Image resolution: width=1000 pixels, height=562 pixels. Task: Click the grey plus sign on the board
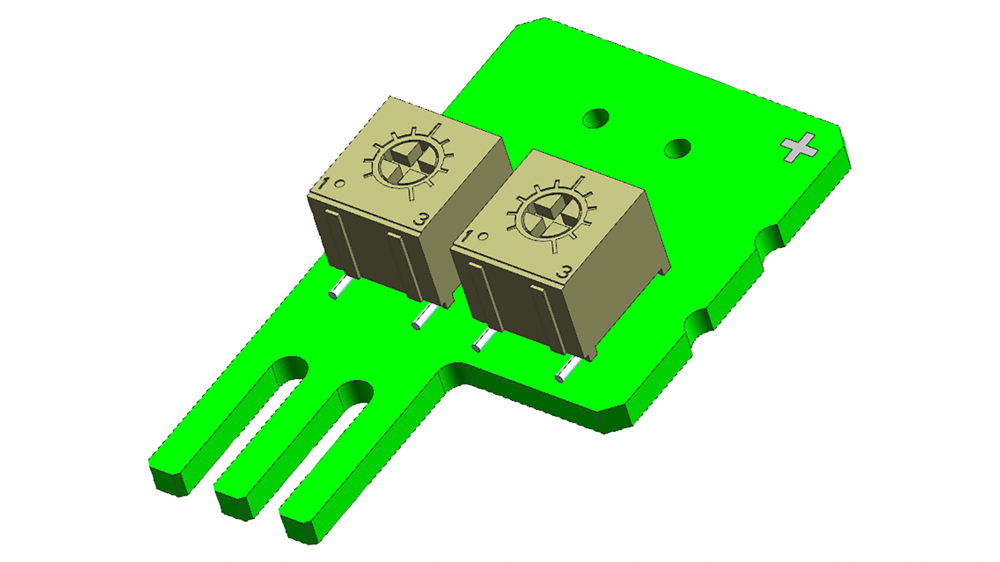click(799, 147)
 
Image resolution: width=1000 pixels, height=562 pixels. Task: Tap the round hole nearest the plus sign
click(677, 148)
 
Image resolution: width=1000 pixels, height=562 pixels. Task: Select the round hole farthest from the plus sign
click(596, 118)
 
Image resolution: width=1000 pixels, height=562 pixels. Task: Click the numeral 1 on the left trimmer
click(323, 183)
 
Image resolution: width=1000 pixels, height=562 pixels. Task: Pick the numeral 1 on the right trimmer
click(466, 236)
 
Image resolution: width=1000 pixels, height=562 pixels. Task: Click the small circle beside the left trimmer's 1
click(339, 183)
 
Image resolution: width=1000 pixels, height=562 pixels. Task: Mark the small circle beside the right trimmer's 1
click(482, 236)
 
